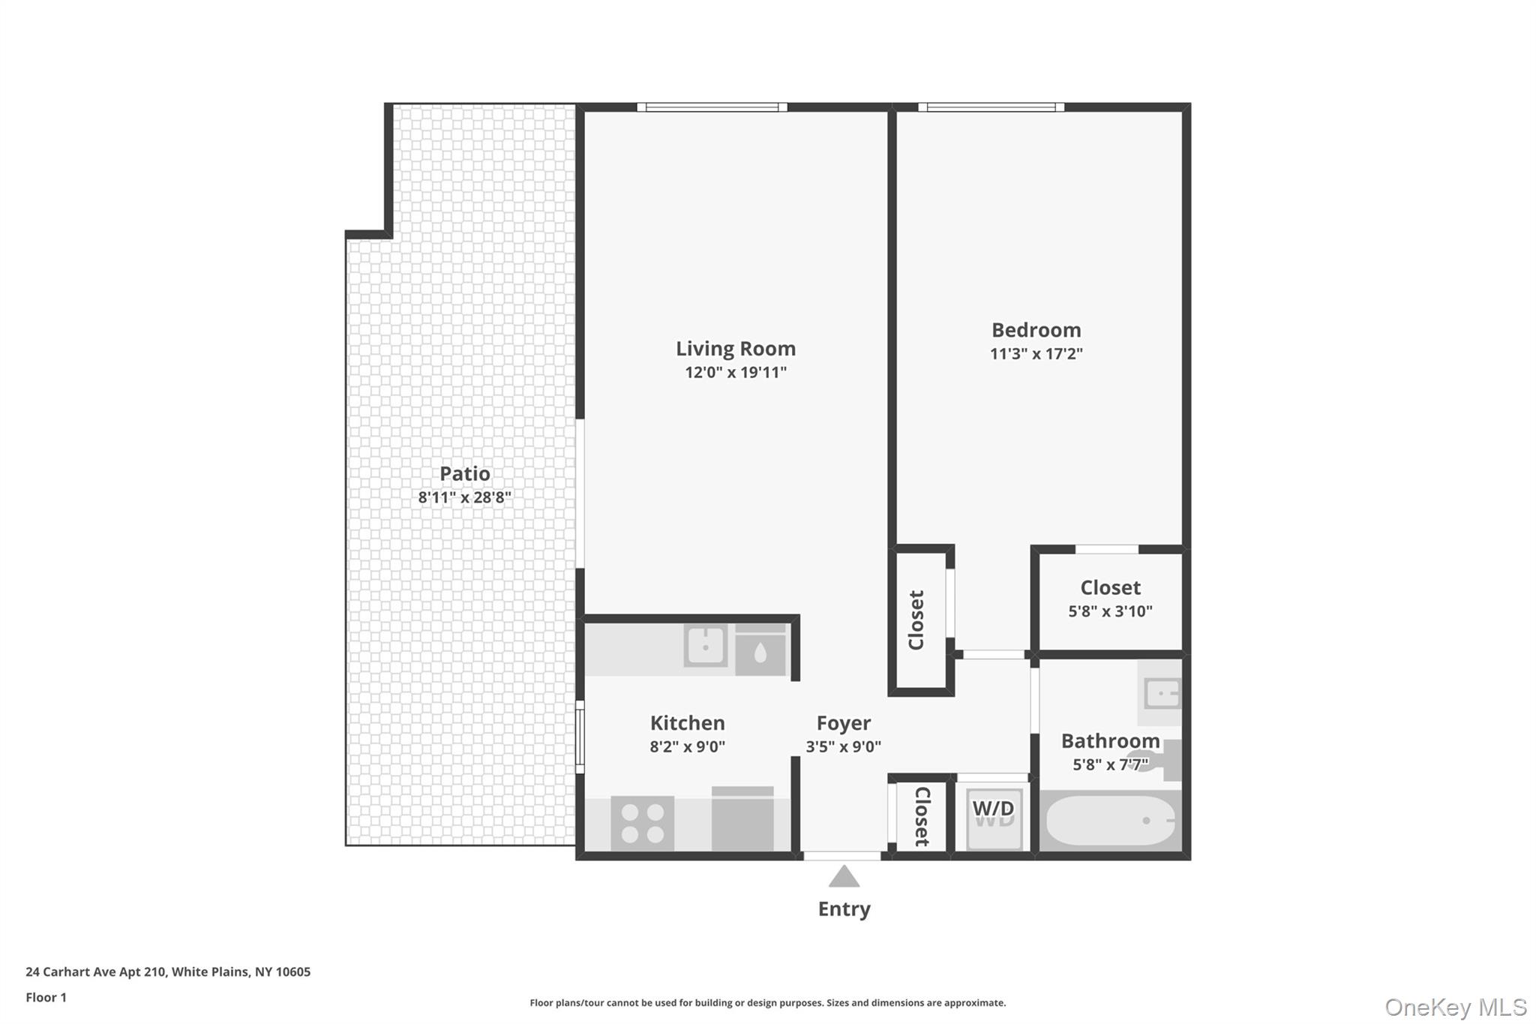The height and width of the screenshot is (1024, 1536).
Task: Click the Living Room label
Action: (735, 349)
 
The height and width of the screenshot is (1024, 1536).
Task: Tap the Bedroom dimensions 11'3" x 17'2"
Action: (1036, 354)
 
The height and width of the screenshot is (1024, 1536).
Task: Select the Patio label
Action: (464, 474)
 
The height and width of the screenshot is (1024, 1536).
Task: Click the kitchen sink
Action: (705, 645)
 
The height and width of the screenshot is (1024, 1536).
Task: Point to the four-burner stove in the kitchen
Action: (643, 823)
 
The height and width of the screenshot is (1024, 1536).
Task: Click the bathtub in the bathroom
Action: (1110, 821)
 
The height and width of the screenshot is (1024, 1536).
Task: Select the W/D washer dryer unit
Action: (994, 817)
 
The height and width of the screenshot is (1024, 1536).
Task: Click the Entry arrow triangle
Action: (844, 877)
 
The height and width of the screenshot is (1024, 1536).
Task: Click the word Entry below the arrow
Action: (844, 909)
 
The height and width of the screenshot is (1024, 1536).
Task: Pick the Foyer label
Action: (843, 723)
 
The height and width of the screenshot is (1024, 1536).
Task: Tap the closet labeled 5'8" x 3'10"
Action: (1110, 599)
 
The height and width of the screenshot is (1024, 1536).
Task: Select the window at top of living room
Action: (712, 107)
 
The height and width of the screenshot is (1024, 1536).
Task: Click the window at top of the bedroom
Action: (991, 107)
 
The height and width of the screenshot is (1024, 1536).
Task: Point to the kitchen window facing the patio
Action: (580, 737)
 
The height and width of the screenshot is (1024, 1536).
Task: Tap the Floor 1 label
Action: (46, 998)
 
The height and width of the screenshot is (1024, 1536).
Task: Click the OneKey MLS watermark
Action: (1455, 1007)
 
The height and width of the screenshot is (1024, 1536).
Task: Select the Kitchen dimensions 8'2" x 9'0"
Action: (687, 747)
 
